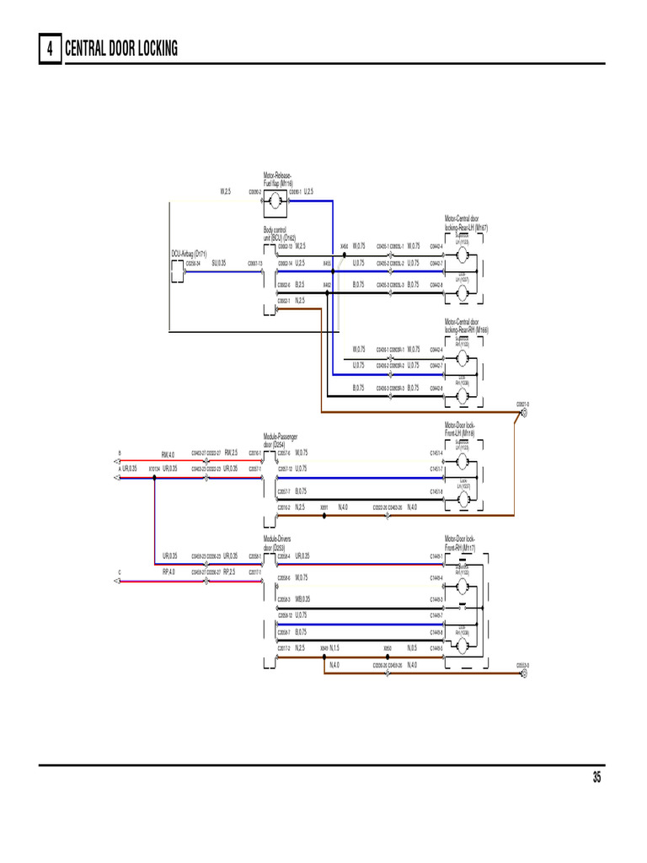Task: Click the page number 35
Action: pos(596,778)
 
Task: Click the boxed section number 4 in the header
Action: pos(50,50)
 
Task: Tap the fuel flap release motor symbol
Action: pos(276,201)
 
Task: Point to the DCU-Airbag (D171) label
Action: pos(189,254)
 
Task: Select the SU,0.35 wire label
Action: pos(219,263)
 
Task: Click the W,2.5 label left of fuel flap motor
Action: pos(226,191)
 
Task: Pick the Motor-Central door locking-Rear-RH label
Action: pos(466,325)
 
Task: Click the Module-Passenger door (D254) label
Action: pos(280,441)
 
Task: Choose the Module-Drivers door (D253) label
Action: pos(277,544)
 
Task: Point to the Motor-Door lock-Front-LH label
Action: pos(460,428)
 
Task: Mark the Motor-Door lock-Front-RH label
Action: pos(460,543)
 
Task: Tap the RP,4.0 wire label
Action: pos(168,571)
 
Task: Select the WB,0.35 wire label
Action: pos(302,599)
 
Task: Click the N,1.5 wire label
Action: pos(334,648)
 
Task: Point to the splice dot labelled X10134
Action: pos(154,477)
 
